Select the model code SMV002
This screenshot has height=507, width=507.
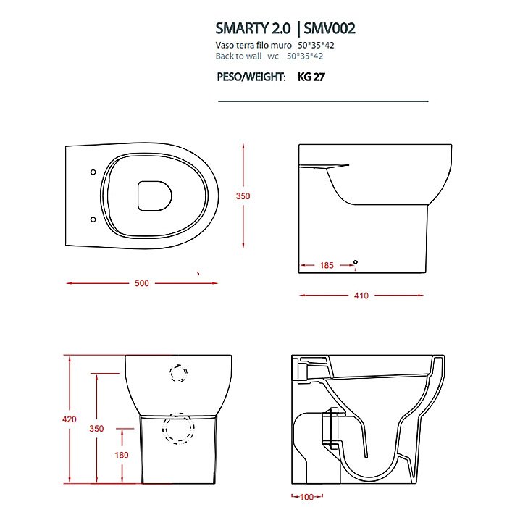pos(330,29)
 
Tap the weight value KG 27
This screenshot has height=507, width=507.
pos(311,77)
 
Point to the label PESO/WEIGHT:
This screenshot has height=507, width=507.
pos(251,77)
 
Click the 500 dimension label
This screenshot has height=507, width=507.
pos(141,283)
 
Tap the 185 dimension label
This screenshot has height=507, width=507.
pos(327,266)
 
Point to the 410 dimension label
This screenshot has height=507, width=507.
pos(361,296)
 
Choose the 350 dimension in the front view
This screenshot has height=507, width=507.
pos(96,429)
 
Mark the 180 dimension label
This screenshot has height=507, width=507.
pos(121,455)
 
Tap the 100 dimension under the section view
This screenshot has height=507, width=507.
pos(307,498)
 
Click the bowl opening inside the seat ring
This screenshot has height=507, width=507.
pos(154,196)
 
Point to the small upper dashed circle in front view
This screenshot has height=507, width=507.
pos(178,373)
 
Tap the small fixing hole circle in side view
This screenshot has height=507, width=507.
pos(354,261)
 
